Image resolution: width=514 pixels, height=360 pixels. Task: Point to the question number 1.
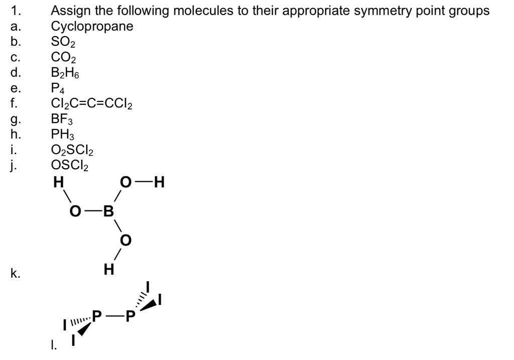(15, 11)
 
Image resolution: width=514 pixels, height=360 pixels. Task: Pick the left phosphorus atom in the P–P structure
(97, 316)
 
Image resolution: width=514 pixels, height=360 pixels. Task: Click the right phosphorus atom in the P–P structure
(130, 316)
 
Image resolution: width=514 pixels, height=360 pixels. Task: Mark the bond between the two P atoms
(113, 316)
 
